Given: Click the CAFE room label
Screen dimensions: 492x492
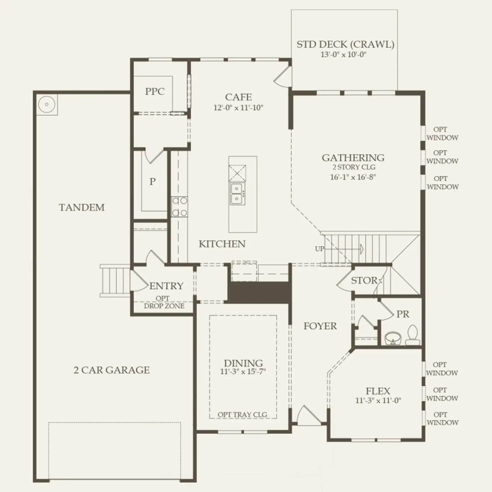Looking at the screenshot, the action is (x=238, y=97).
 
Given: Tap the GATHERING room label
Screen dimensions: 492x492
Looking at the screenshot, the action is (x=353, y=158).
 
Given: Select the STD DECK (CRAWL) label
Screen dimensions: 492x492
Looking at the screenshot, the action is (x=345, y=45).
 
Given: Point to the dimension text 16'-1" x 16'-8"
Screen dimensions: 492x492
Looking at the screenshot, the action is (x=353, y=177).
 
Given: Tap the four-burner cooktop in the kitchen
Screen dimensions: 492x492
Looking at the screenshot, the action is (x=180, y=207).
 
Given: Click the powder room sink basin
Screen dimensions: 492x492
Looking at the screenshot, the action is (x=393, y=338).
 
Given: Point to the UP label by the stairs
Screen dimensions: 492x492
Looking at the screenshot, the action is (x=319, y=249).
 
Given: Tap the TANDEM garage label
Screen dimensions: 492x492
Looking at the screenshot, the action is (x=82, y=208).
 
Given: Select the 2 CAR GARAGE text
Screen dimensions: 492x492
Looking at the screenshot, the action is (x=112, y=370).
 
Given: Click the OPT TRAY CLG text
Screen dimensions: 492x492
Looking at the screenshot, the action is (x=242, y=415).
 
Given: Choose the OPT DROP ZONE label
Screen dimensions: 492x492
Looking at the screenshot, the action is (x=164, y=302).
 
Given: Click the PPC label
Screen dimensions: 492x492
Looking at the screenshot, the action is (x=155, y=91).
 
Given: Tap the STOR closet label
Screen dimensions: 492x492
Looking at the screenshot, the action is (x=364, y=280).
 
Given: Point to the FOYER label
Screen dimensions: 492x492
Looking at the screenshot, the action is (x=320, y=326).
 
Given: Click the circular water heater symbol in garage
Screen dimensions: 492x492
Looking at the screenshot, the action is (x=47, y=104).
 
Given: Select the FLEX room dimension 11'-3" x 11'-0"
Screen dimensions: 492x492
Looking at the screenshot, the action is (x=378, y=400).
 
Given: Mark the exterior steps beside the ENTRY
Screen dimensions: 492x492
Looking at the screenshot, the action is (x=115, y=281).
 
